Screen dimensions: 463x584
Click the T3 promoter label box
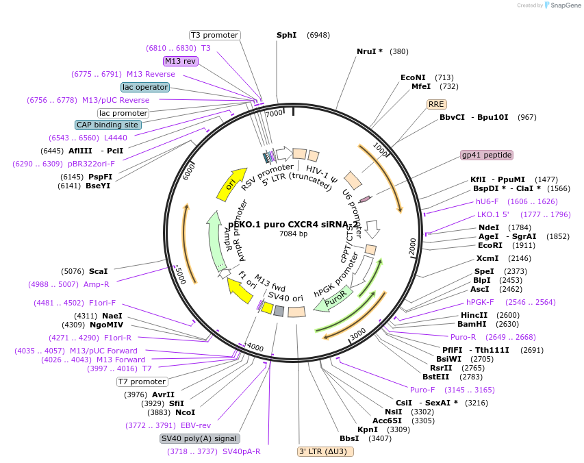click(x=214, y=35)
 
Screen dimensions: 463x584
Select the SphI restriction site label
click(x=287, y=35)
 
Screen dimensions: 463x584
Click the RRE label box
click(x=436, y=104)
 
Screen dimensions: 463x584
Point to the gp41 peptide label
click(x=487, y=155)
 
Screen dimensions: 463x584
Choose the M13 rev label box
click(x=181, y=61)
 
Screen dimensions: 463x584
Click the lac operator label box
click(x=144, y=87)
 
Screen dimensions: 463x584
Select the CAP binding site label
click(x=108, y=125)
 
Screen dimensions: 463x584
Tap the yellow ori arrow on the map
click(x=231, y=184)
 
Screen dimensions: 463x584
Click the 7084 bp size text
click(x=293, y=234)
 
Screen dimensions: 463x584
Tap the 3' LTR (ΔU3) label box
click(x=325, y=451)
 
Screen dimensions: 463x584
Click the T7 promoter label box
click(x=142, y=381)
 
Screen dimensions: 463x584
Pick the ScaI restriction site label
click(x=98, y=271)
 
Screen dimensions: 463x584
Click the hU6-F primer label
click(x=487, y=201)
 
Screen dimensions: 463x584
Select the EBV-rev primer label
click(x=196, y=425)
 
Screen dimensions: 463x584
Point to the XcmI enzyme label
click(x=487, y=258)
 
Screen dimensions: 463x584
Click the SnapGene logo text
click(x=566, y=5)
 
